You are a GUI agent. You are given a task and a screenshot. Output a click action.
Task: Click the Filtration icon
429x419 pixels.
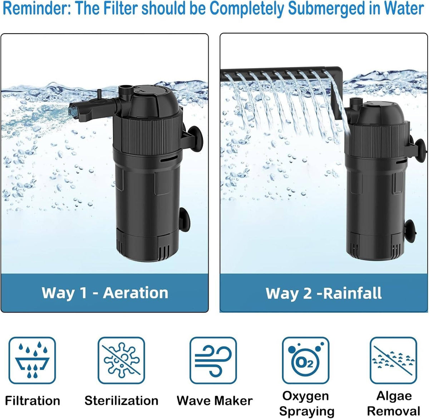click(32, 360)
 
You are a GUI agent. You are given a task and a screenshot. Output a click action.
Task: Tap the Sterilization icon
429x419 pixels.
click(122, 360)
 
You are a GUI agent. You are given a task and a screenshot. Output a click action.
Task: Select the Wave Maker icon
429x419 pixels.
click(213, 360)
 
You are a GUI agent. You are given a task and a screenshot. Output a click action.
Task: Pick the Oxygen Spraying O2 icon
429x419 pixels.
click(306, 360)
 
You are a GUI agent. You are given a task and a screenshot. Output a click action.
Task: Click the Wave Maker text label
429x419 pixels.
click(214, 400)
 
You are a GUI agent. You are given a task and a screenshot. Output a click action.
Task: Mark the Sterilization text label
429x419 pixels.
click(122, 400)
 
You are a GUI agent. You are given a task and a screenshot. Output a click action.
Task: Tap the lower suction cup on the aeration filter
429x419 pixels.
click(184, 220)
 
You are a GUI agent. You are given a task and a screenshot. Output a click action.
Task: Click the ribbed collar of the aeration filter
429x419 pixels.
click(148, 135)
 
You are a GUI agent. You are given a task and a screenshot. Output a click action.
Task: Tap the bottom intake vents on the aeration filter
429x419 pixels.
click(164, 252)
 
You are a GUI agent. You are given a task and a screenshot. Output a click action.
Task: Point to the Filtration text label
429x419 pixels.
click(33, 400)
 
